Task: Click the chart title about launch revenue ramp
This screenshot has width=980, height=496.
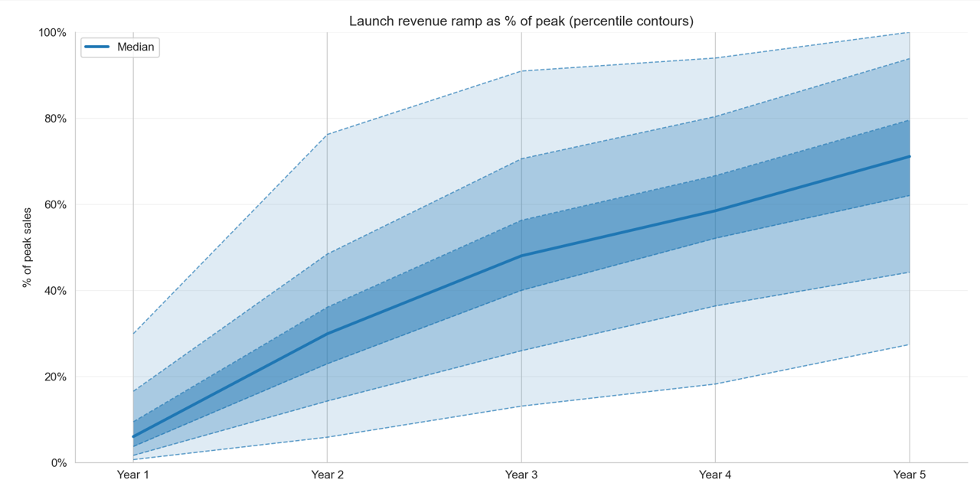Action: click(521, 21)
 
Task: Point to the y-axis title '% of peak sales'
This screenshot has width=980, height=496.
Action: click(28, 247)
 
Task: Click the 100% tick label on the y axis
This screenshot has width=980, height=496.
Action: click(53, 32)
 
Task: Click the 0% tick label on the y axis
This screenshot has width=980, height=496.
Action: click(58, 463)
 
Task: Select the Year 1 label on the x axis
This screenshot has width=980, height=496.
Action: click(133, 475)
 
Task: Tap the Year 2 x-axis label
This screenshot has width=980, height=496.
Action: click(328, 475)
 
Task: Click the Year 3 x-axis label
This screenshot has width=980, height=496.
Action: click(521, 475)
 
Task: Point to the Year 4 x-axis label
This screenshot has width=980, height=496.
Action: click(715, 475)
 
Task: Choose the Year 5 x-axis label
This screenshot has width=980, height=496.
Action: click(910, 475)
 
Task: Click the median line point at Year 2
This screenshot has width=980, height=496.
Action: click(328, 334)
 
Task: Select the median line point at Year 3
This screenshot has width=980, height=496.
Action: click(521, 256)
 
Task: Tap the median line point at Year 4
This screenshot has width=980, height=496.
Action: click(715, 210)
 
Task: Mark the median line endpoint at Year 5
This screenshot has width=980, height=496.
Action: click(910, 156)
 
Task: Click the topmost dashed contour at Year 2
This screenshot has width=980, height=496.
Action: click(328, 135)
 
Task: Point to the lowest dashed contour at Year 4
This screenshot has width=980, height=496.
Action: click(715, 383)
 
